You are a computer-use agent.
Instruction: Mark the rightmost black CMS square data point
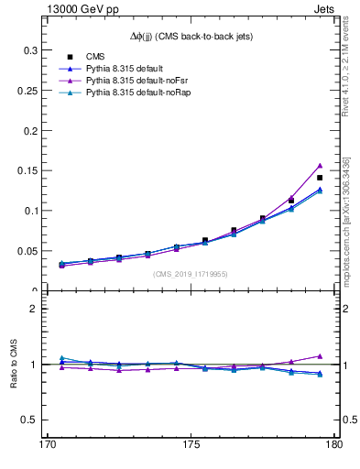point(320,178)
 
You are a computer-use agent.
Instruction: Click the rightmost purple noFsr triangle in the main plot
point(320,166)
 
